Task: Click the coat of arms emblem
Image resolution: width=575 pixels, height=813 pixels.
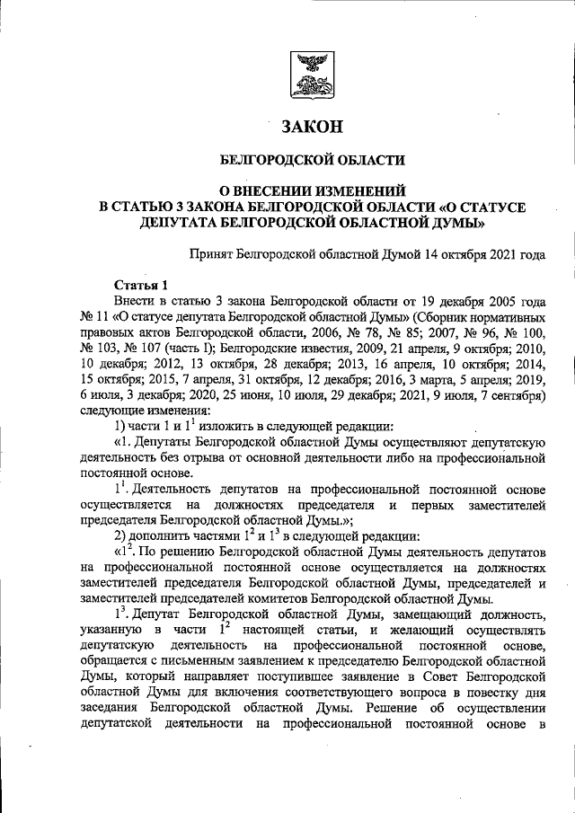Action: (x=314, y=75)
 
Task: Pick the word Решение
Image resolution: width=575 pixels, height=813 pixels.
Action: (x=392, y=710)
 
